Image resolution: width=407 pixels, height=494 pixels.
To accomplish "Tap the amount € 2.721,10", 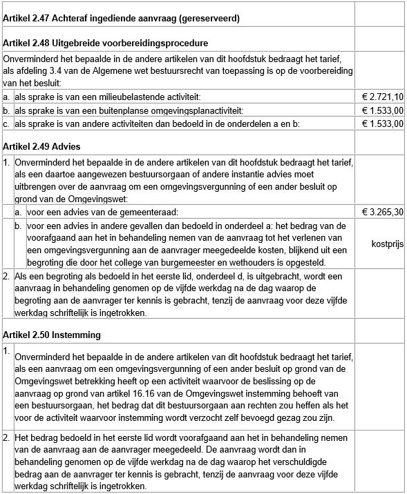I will [x=383, y=97].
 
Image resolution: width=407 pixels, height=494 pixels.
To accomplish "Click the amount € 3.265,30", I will [x=383, y=212].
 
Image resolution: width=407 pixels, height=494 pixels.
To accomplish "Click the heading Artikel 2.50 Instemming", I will [x=52, y=335].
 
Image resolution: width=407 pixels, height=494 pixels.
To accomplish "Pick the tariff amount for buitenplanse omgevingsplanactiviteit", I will [x=383, y=110].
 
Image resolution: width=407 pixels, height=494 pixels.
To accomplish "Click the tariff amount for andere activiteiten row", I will [x=383, y=123].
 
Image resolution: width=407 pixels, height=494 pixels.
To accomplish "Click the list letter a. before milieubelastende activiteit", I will [x=7, y=97].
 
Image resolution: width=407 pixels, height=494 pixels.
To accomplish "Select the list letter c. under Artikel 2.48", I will [x=7, y=123].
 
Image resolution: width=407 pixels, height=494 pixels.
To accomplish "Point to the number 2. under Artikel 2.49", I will [x=7, y=277].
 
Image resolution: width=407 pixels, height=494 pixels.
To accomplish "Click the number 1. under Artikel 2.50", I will [x=7, y=351].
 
